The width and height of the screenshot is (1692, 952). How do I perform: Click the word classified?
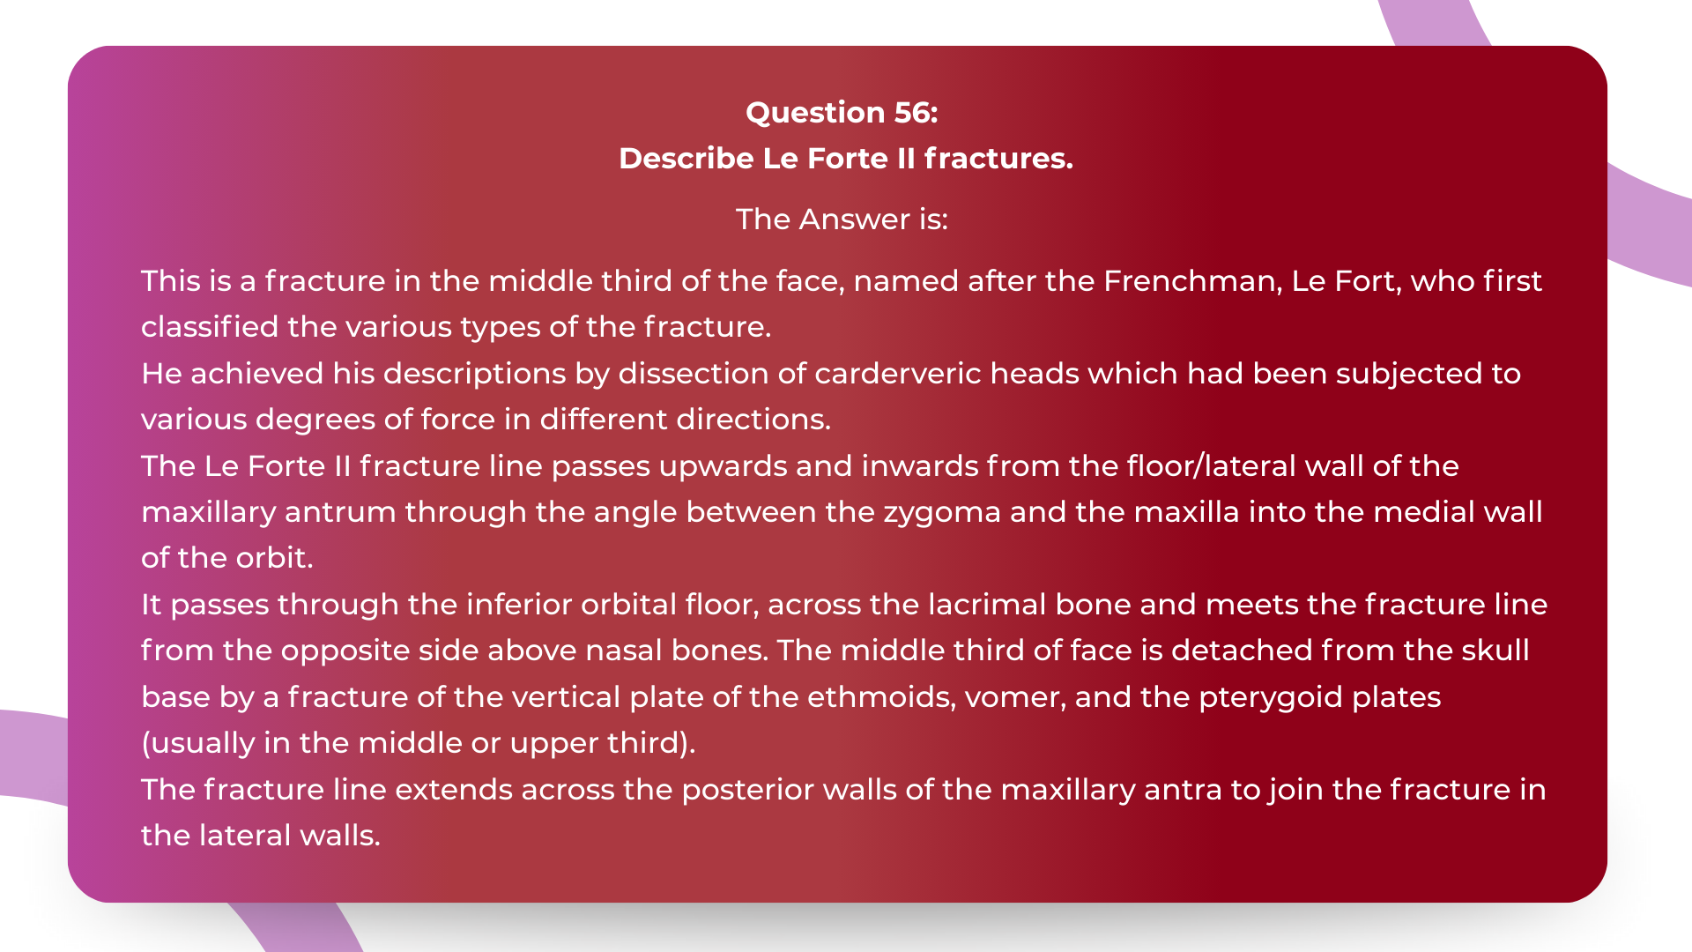(210, 326)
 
